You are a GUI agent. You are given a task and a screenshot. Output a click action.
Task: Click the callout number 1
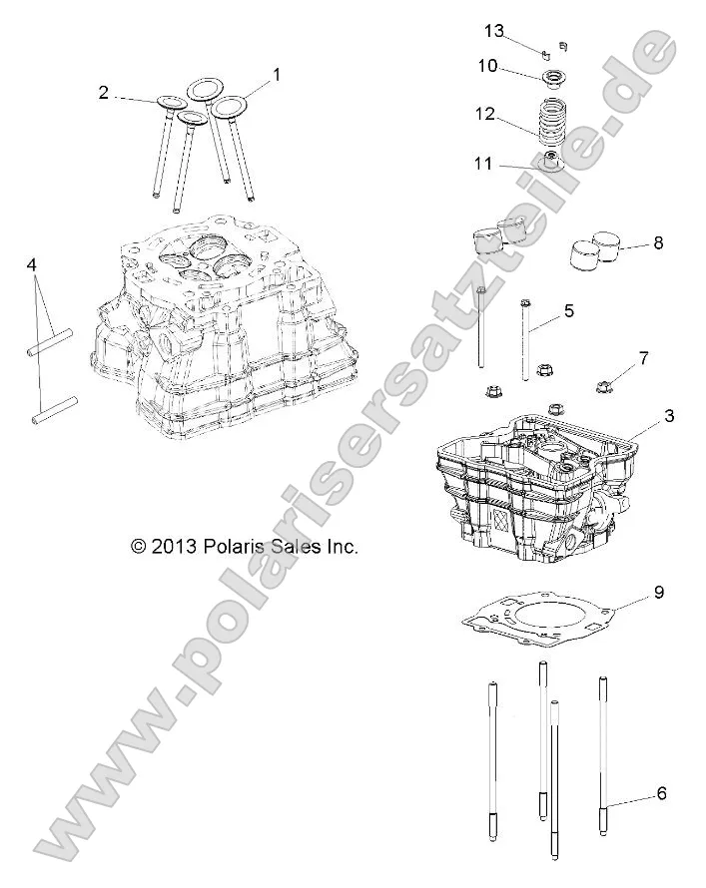tap(277, 74)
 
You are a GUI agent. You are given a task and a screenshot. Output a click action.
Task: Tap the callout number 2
tap(103, 93)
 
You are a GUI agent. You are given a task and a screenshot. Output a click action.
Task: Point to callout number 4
tap(32, 265)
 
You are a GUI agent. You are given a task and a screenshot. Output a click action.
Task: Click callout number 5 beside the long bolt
tap(568, 310)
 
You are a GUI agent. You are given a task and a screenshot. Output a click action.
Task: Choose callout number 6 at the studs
tap(661, 794)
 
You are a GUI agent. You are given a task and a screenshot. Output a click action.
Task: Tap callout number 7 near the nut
tap(643, 356)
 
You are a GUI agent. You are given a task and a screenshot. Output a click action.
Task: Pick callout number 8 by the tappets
tap(658, 242)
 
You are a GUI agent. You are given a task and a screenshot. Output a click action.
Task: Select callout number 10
tap(486, 66)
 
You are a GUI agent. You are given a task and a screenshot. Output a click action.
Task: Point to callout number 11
tap(483, 163)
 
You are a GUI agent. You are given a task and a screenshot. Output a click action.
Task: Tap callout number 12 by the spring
tap(485, 115)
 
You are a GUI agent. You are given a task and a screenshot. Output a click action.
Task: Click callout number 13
tap(494, 30)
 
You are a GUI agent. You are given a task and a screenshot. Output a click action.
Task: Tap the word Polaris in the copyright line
tap(236, 547)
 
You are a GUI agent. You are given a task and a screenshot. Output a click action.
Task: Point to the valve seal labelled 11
tap(549, 163)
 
